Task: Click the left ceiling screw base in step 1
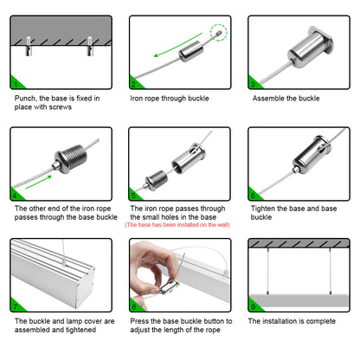click(29, 46)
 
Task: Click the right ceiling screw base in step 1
click(90, 46)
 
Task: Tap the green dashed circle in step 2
click(219, 32)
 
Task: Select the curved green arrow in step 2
click(177, 45)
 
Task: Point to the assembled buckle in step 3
click(310, 47)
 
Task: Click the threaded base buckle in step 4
click(71, 158)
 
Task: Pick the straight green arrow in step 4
click(39, 182)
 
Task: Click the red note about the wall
click(177, 225)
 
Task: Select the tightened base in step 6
click(310, 154)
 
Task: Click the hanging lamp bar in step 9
click(299, 300)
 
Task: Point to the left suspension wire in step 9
click(268, 271)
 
